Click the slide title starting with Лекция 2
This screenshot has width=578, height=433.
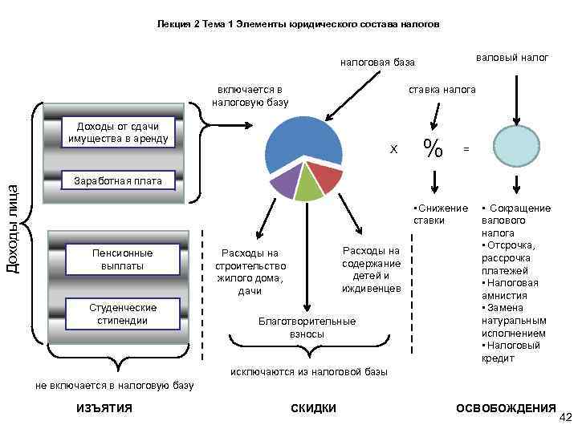298,25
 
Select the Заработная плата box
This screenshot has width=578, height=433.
119,180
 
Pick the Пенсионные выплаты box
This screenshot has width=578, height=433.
123,258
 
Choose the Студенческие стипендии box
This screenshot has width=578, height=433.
123,314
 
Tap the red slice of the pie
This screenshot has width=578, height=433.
326,176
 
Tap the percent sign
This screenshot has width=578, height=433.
433,148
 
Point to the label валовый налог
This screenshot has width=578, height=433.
512,58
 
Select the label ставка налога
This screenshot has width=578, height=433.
442,89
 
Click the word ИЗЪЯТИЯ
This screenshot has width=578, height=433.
104,408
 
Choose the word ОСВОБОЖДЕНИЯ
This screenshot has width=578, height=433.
506,408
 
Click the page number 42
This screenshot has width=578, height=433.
564,417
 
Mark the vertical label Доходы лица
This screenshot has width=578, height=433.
13,229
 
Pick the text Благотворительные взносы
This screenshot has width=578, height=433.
307,327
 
